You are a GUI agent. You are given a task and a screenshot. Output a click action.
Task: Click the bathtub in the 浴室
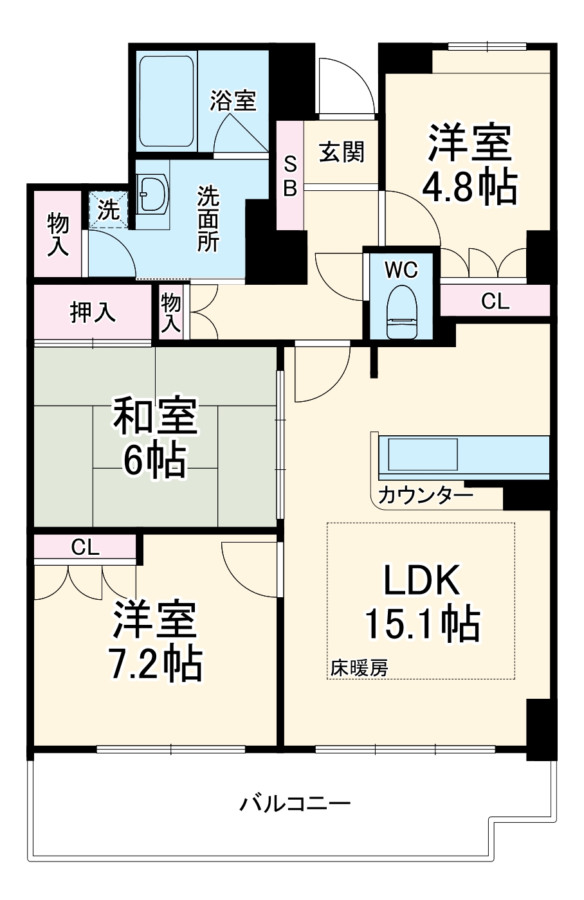click(167, 103)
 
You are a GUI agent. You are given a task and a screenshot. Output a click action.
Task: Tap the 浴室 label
click(233, 100)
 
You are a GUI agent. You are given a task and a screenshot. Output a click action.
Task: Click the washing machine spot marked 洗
click(108, 209)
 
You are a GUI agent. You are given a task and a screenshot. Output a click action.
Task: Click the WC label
click(401, 270)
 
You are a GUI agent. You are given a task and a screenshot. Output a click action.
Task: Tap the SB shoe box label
click(290, 175)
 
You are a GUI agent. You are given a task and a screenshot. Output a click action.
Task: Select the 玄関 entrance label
click(342, 152)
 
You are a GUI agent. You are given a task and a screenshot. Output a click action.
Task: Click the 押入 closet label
click(93, 312)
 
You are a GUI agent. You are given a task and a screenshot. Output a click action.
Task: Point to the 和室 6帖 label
click(155, 438)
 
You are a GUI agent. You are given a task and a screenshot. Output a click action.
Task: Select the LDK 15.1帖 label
click(422, 602)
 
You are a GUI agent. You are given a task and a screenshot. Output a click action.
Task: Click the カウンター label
click(426, 495)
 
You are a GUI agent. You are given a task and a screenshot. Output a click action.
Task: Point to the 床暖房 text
click(360, 668)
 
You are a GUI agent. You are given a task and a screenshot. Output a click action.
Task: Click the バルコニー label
click(295, 804)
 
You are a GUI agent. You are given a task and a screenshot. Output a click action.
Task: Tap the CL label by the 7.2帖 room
click(85, 547)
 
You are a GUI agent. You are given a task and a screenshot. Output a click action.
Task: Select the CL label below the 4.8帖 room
click(495, 301)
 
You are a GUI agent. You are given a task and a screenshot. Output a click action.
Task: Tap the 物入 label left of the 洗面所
click(58, 235)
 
